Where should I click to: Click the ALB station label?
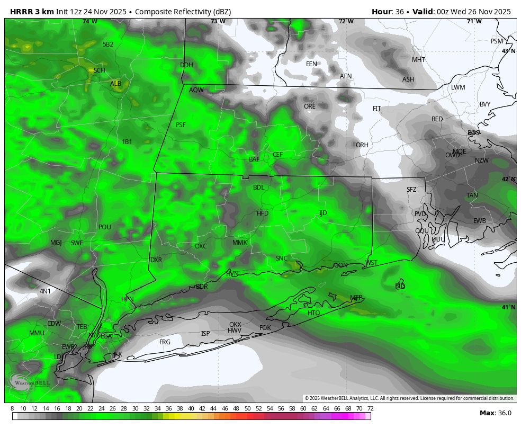(115, 84)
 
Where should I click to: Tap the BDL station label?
(258, 188)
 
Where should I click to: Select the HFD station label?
(263, 213)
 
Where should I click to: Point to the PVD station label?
(420, 214)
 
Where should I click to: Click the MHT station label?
(418, 60)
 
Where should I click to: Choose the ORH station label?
(362, 145)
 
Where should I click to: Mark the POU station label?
(105, 227)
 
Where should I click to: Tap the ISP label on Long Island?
(205, 334)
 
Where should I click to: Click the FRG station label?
(165, 342)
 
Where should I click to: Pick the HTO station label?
(313, 313)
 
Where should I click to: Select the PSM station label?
(497, 41)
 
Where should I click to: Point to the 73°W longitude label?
(218, 22)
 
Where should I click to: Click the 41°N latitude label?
(508, 307)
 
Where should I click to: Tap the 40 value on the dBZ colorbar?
(191, 408)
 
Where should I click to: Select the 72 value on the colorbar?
(370, 408)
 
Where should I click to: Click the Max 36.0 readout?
(495, 413)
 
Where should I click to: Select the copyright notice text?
(409, 398)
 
